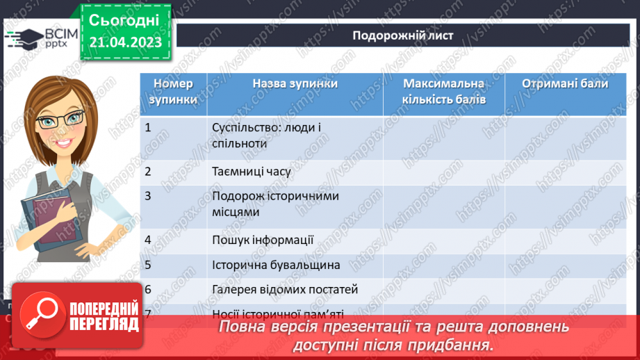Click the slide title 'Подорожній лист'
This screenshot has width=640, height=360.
(402, 35)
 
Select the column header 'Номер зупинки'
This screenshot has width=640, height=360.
(173, 91)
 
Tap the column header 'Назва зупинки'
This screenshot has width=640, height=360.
(295, 83)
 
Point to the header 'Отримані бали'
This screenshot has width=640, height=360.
(565, 83)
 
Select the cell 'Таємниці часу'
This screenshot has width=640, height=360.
(251, 170)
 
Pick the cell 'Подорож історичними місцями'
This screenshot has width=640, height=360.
(275, 204)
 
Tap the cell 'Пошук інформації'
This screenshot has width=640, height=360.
(263, 240)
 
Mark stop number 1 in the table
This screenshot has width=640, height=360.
(148, 127)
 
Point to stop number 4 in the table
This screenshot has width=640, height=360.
(148, 240)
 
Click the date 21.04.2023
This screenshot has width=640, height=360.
(124, 42)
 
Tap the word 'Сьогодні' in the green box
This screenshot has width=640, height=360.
(124, 19)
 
